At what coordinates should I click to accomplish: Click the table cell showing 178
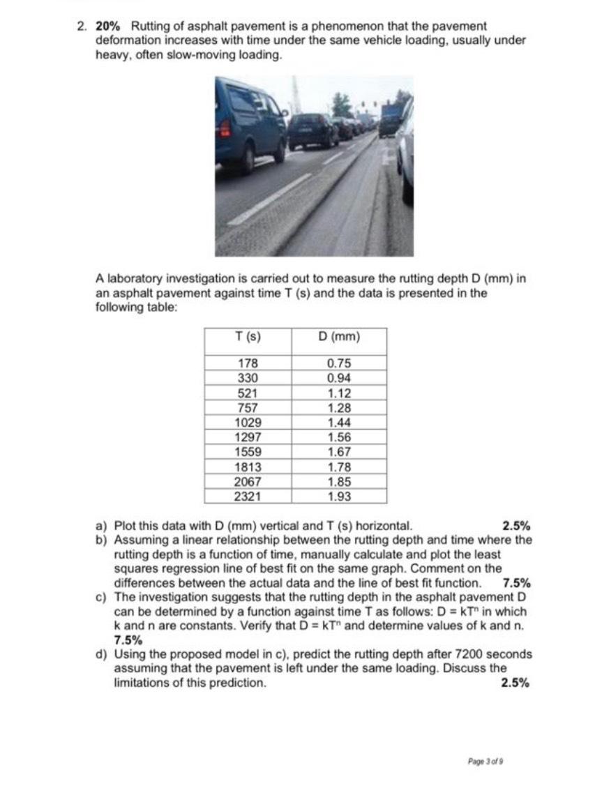(x=248, y=363)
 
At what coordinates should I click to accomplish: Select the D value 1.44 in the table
(x=339, y=423)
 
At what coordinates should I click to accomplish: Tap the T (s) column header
(x=248, y=337)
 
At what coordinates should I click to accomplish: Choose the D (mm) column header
(x=339, y=337)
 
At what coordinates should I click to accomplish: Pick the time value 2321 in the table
(x=248, y=497)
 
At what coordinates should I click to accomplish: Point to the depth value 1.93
(x=339, y=497)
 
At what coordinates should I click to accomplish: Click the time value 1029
(x=248, y=423)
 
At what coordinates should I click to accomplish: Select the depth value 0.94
(x=339, y=378)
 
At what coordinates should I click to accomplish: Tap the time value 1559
(x=248, y=452)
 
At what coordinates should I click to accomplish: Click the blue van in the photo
(x=248, y=126)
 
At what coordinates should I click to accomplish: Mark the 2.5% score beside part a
(x=515, y=526)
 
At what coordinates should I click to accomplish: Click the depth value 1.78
(x=339, y=467)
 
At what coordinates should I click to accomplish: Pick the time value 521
(x=248, y=393)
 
